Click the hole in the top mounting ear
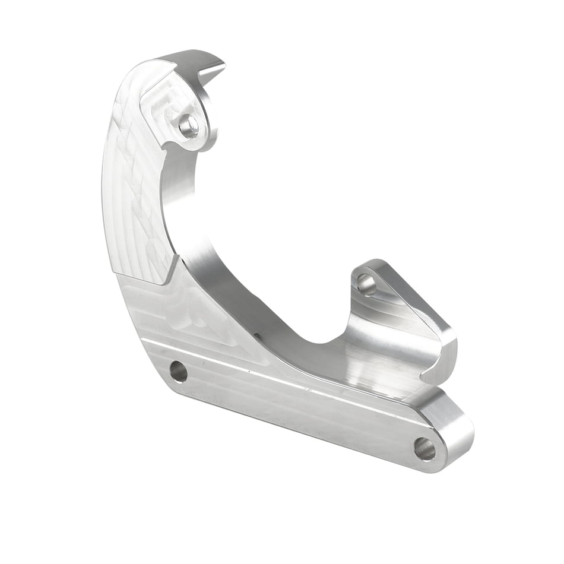pyautogui.click(x=189, y=126)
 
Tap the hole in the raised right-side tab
pyautogui.click(x=366, y=285)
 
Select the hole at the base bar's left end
pyautogui.click(x=178, y=372)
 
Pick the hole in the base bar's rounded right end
pyautogui.click(x=424, y=448)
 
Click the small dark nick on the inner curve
pyautogui.click(x=257, y=336)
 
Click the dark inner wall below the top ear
pyautogui.click(x=178, y=178)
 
